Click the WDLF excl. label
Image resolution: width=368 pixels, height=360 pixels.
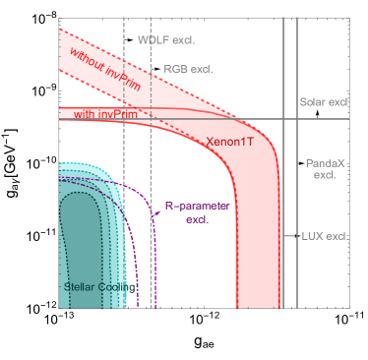click(x=166, y=40)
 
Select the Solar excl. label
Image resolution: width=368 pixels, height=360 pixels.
click(x=325, y=102)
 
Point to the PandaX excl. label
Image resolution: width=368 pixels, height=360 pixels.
click(x=325, y=168)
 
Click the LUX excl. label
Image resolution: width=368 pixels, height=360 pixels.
click(x=325, y=236)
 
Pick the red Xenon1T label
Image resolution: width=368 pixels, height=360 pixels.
click(x=230, y=142)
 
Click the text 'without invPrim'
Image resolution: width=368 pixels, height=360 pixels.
click(x=101, y=72)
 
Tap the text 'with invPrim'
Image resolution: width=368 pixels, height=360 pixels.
click(x=104, y=115)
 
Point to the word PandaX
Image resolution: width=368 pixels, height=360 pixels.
click(x=325, y=162)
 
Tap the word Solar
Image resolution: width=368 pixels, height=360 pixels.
click(x=313, y=102)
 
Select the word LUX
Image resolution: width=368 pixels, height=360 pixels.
click(x=313, y=236)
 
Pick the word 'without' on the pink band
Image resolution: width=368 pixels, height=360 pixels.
click(x=88, y=64)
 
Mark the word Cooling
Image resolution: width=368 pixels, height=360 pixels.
click(x=118, y=287)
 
